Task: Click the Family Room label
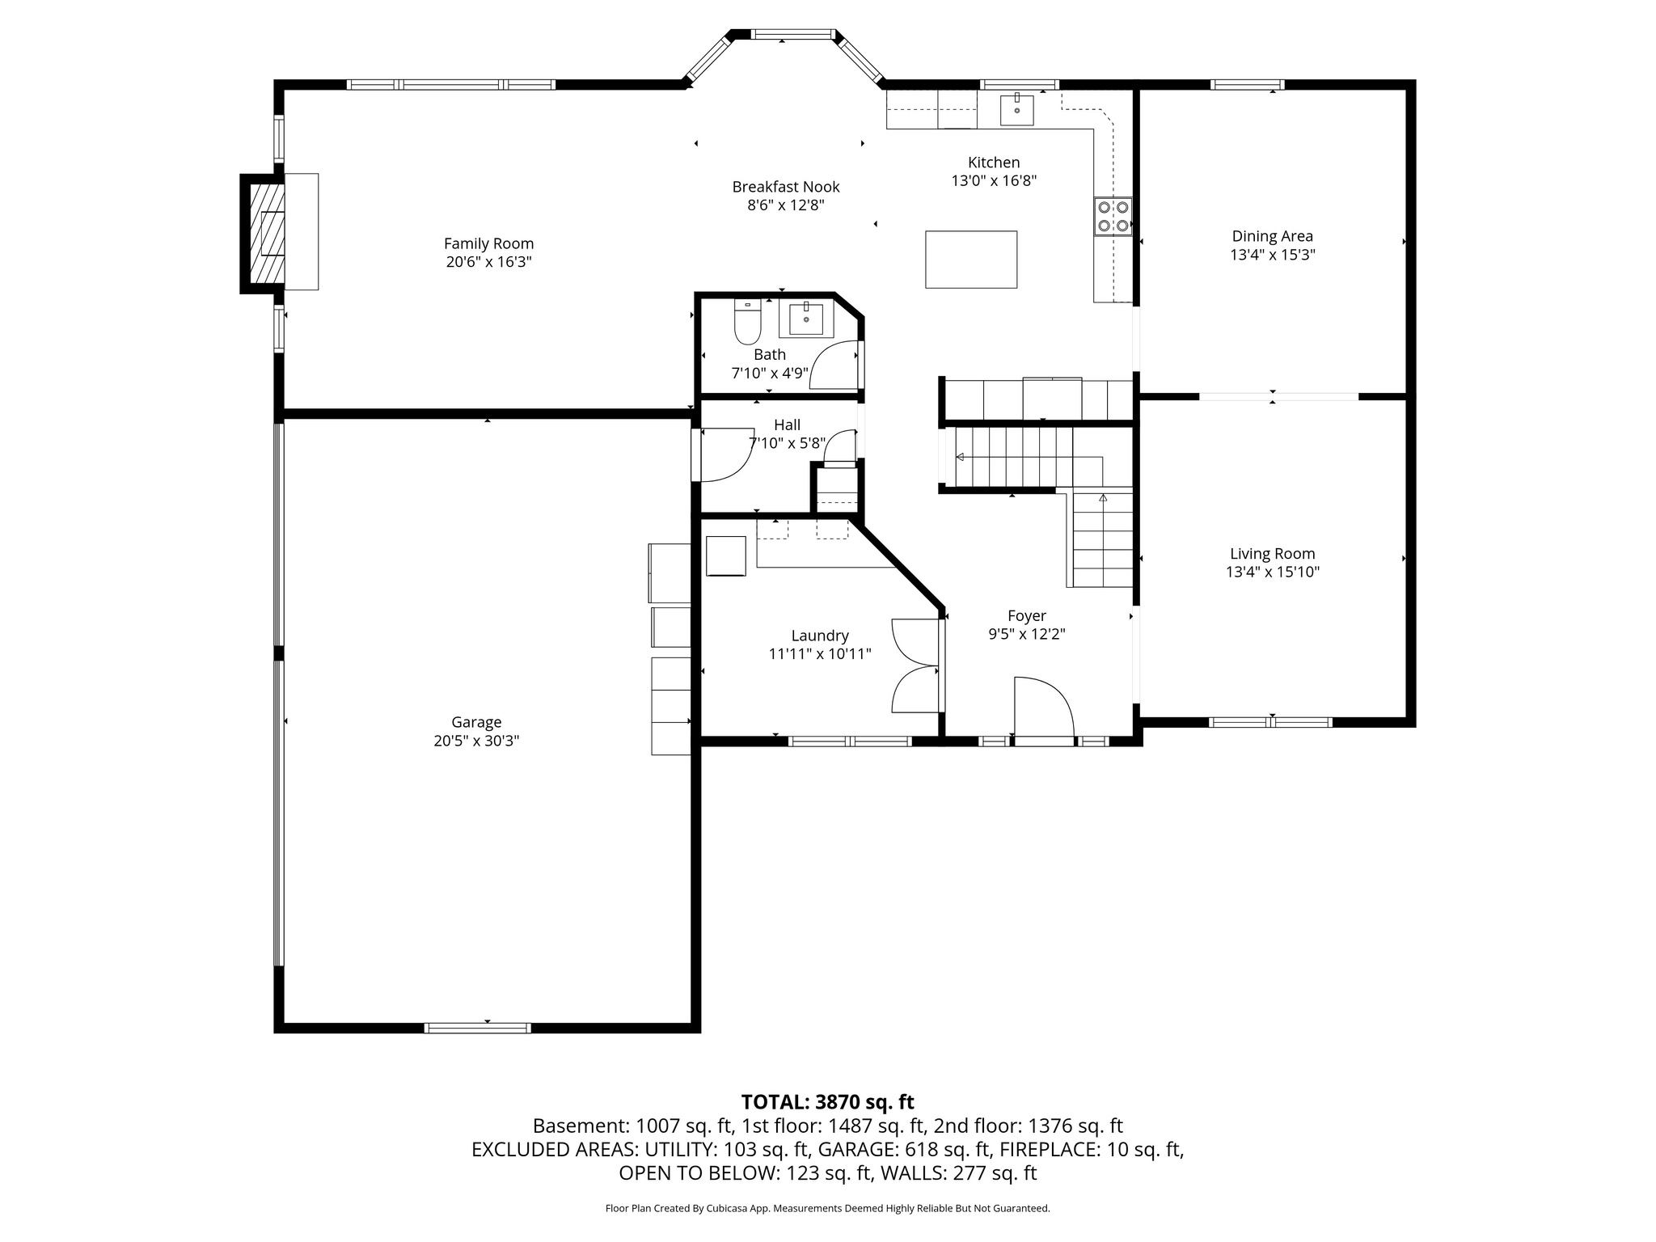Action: pos(488,243)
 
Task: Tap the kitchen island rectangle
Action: pos(971,260)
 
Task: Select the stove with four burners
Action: pos(1112,217)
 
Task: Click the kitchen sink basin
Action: pos(1016,110)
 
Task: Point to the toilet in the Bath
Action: pos(747,323)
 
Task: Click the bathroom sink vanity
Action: pos(806,320)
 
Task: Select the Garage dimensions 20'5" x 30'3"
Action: pos(476,741)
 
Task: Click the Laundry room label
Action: pos(820,636)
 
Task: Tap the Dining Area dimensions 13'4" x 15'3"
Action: pos(1272,255)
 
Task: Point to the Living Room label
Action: pos(1272,554)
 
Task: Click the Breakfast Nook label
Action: pos(786,187)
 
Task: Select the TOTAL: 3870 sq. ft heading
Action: pos(827,1102)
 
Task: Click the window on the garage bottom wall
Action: pos(478,1028)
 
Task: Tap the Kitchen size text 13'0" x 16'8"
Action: pos(994,181)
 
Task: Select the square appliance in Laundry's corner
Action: pos(726,556)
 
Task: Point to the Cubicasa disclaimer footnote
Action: pos(827,1208)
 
